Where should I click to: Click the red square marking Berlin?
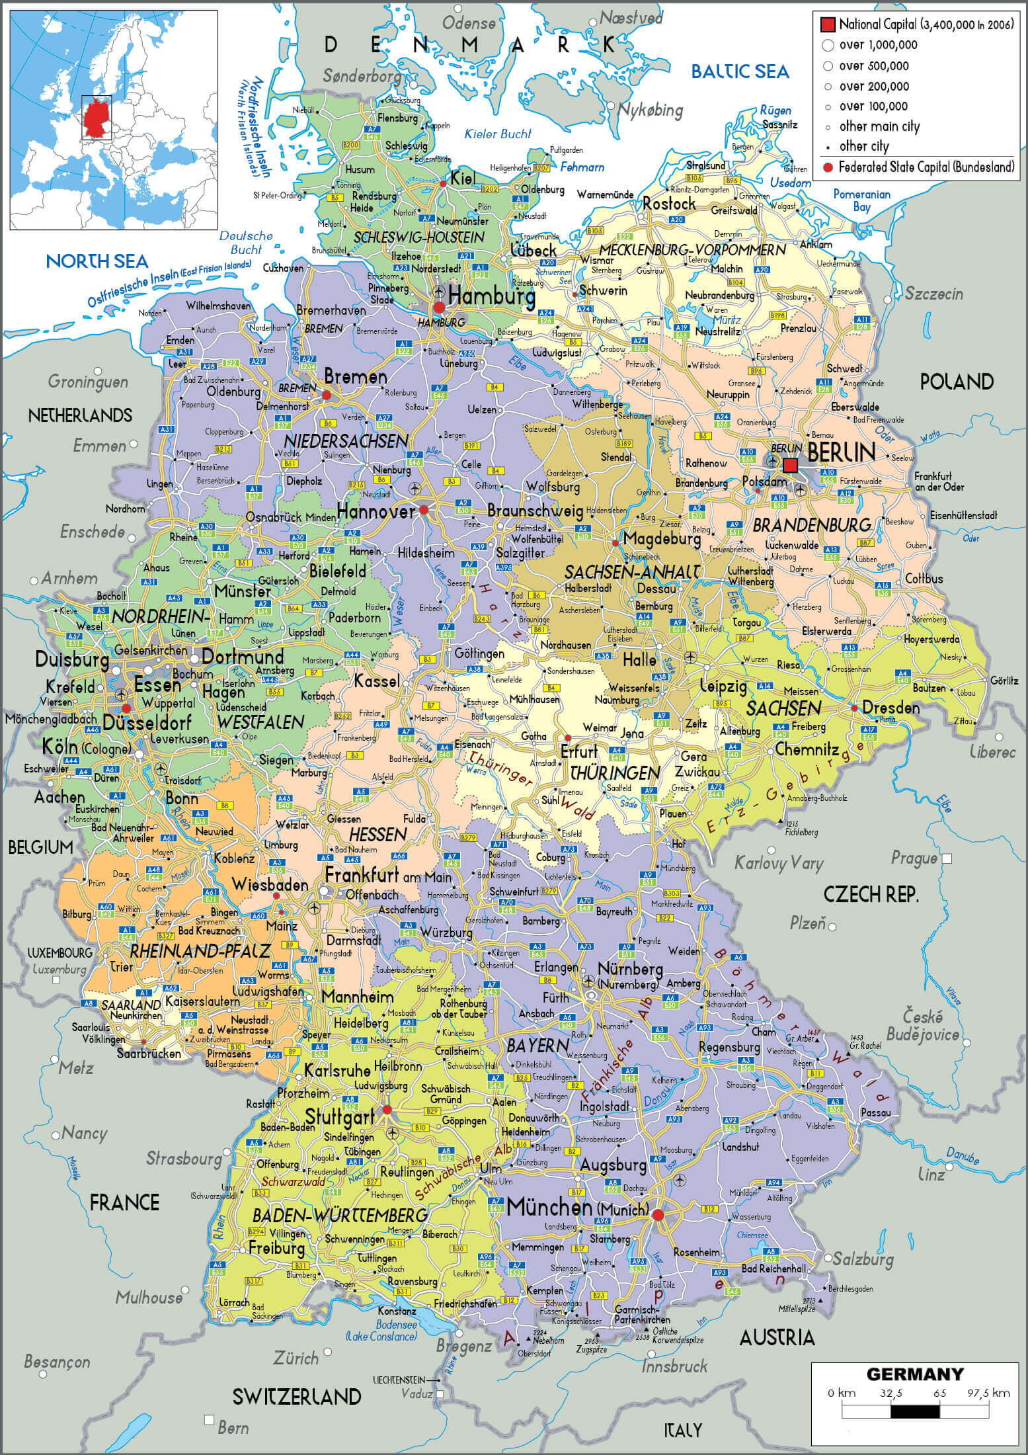790,466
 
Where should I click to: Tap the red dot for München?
657,1215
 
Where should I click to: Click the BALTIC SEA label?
740,71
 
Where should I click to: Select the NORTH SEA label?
87,261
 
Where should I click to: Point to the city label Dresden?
890,708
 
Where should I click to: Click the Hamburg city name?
491,297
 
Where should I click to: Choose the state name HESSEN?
377,835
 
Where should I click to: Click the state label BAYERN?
537,1046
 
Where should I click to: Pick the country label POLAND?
957,382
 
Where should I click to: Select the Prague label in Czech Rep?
914,858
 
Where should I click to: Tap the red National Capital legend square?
827,25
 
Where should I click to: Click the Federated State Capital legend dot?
827,167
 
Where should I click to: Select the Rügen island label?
775,110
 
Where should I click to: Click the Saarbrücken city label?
148,1054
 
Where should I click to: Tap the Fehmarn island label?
582,167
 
